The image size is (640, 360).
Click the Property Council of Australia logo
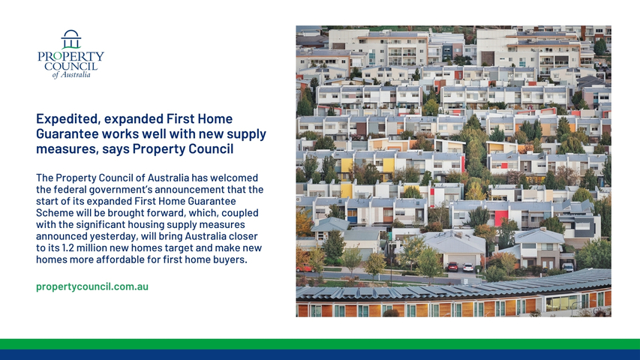71,54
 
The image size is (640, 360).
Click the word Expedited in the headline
68,119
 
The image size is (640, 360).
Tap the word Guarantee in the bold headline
67,134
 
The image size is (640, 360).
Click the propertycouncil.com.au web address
92,286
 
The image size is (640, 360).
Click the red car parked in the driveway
452,266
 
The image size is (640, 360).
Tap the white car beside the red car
468,267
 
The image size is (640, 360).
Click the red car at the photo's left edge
304,268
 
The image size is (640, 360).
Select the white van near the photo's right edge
568,267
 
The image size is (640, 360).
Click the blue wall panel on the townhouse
352,216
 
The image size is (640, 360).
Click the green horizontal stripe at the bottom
320,344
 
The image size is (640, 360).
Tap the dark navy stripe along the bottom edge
320,355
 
